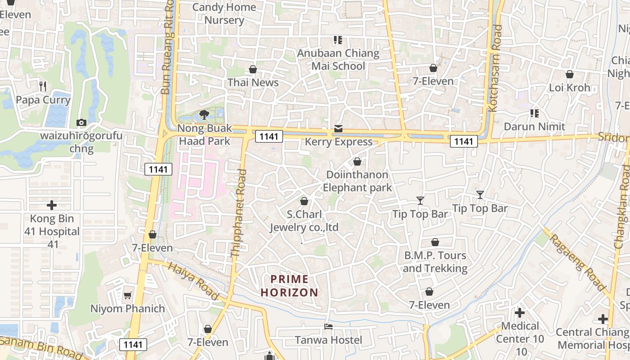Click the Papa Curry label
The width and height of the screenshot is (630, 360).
coord(43,100)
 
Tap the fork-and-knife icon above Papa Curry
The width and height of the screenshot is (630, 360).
coord(43,86)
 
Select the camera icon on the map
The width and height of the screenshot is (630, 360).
coord(81,122)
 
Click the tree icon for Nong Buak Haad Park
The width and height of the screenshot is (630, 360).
coord(204,114)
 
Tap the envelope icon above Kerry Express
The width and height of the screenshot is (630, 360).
coord(338,129)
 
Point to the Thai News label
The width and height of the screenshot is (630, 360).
coord(253,82)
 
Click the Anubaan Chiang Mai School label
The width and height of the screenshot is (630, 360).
coord(338,59)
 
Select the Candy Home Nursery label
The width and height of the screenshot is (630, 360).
coord(224,13)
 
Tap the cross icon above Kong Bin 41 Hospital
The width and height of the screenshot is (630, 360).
coord(52,205)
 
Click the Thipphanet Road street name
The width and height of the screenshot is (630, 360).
coord(238,213)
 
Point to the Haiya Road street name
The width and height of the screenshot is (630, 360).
coord(193,281)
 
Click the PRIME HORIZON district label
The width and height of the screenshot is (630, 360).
coord(290,286)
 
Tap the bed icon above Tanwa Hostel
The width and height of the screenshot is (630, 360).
coord(328,327)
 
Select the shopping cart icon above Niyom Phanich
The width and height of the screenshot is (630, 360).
coord(128,296)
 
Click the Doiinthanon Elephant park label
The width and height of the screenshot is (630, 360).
coord(357,181)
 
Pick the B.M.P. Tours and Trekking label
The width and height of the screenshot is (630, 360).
coord(435,262)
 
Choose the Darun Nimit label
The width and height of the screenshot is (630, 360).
coord(534,126)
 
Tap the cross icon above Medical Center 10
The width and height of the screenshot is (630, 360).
coord(520,312)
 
